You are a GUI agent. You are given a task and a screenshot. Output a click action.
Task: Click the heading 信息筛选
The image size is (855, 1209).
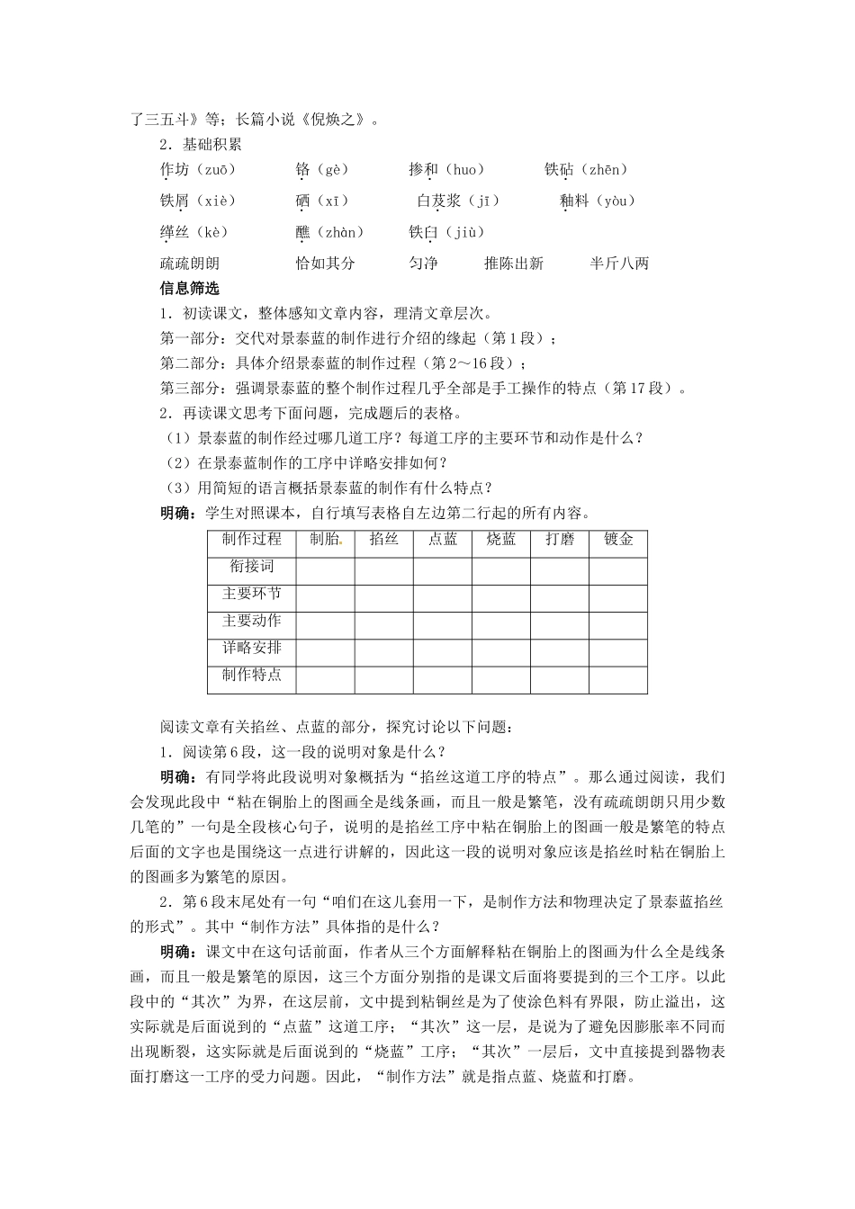pos(189,290)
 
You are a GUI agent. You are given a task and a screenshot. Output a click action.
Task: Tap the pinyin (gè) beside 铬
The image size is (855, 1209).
pos(330,170)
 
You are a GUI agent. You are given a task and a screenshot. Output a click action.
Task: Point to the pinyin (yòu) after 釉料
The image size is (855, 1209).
pos(611,201)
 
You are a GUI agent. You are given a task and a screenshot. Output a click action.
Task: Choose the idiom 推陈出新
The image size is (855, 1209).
pos(513,264)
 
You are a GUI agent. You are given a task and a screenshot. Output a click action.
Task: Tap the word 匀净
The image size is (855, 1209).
pos(423,264)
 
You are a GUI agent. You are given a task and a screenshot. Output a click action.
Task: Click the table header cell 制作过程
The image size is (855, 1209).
pos(252,540)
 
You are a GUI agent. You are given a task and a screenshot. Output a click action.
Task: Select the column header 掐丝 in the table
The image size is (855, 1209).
pos(384,540)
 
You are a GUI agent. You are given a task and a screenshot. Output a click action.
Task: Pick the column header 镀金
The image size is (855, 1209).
pos(618,540)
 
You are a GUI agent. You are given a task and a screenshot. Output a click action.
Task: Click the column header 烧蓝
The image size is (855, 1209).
pos(501,540)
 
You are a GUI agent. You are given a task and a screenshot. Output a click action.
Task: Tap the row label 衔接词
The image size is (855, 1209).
pos(252,567)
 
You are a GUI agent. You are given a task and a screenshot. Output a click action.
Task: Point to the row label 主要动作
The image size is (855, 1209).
pos(252,621)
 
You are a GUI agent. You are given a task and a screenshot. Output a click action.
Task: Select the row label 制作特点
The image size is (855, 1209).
pos(252,675)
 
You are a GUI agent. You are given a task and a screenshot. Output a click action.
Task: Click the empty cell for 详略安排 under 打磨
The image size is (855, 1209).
pos(560,651)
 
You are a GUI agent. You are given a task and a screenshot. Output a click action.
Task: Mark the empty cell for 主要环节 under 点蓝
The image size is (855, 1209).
pos(443,597)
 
